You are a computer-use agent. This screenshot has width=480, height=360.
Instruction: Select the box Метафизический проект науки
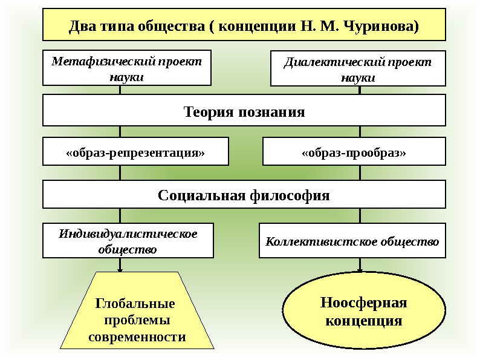coord(127,68)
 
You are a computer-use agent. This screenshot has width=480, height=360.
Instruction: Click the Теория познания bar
coord(244,112)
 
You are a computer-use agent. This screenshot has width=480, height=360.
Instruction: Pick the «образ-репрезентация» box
coord(135,151)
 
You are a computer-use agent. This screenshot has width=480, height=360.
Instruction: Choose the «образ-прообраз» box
coord(354,151)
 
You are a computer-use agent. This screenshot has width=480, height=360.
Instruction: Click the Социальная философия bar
coord(244,195)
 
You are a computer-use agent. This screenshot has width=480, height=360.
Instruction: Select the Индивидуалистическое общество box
coord(128,240)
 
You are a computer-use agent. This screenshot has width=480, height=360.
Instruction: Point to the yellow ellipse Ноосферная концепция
coord(364,312)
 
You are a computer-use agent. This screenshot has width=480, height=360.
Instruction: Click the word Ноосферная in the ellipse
coord(364,303)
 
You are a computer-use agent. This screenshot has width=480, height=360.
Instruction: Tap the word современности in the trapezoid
coord(137,337)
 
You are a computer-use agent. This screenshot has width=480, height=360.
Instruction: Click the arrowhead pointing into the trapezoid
coord(120,269)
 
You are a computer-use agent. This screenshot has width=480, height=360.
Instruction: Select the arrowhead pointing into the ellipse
coord(360,269)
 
